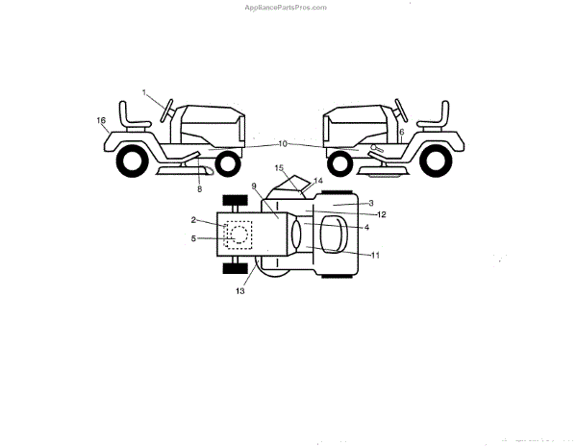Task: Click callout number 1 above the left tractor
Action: (145, 92)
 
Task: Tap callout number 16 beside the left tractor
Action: (101, 119)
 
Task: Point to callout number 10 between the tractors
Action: (283, 143)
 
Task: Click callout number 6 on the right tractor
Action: (401, 131)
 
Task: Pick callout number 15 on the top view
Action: (280, 167)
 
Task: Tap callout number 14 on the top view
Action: (319, 181)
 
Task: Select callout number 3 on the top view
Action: (371, 204)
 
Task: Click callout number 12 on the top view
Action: (382, 214)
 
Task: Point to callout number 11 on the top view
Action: (376, 255)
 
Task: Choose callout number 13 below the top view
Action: (239, 290)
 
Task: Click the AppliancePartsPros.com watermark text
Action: (288, 7)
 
